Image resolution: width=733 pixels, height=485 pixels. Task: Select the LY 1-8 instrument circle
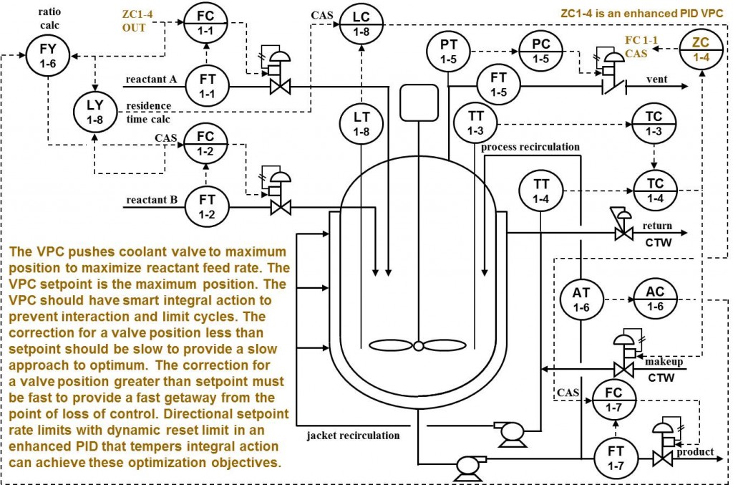[x=95, y=112]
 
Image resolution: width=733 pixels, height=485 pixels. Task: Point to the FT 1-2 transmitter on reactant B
[x=206, y=205]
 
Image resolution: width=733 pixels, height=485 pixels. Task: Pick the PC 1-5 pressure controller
[x=542, y=52]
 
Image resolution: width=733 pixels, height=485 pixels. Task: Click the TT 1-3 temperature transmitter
[x=476, y=122]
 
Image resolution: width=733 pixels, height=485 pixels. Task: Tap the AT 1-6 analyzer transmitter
[x=582, y=299]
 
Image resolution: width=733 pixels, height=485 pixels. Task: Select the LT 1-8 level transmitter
[x=361, y=123]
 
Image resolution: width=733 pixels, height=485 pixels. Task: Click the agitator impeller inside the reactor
[x=417, y=346]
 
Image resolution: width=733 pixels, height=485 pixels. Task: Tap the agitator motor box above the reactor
[x=418, y=103]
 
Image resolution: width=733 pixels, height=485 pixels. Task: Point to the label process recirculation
[x=530, y=147]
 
